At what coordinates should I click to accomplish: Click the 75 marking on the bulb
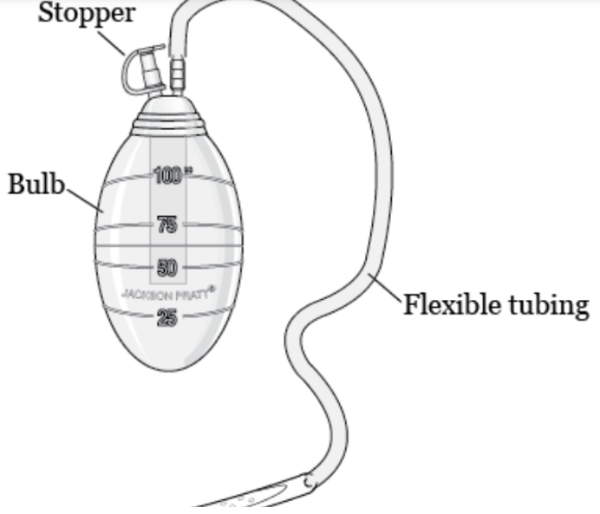pyautogui.click(x=167, y=226)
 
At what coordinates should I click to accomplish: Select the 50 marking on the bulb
pyautogui.click(x=167, y=266)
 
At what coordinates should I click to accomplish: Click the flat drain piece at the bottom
pyautogui.click(x=251, y=498)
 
